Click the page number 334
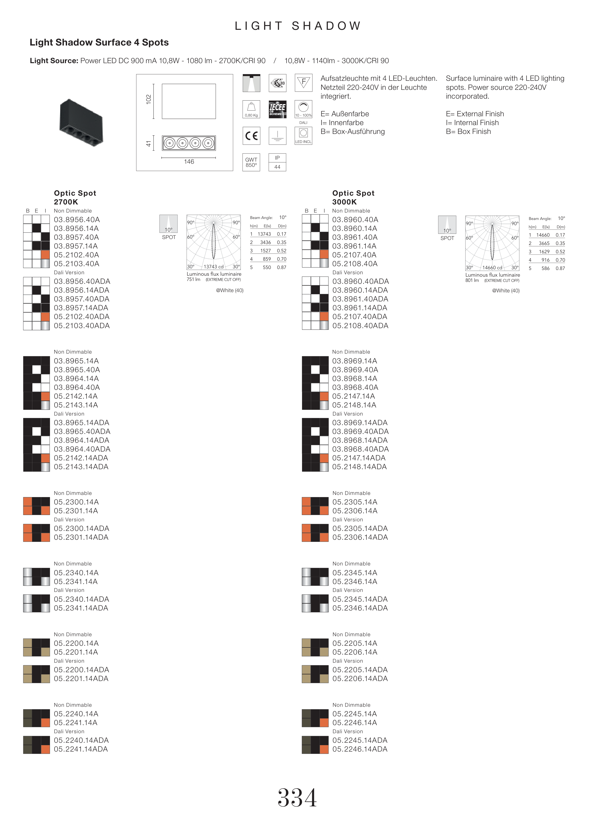(297, 798)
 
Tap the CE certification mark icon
(251, 136)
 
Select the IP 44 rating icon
(277, 162)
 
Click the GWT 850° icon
(251, 162)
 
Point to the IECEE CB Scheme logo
(277, 109)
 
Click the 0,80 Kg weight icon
(251, 109)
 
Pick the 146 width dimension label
(189, 162)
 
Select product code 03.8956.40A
(77, 220)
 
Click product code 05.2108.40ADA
(360, 326)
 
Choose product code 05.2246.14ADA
(360, 749)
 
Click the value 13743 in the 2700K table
(264, 234)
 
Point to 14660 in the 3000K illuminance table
(543, 235)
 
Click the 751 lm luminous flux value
(193, 280)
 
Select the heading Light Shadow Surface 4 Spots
(99, 43)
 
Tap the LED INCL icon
(303, 136)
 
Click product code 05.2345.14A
(355, 573)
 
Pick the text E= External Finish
(475, 114)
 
